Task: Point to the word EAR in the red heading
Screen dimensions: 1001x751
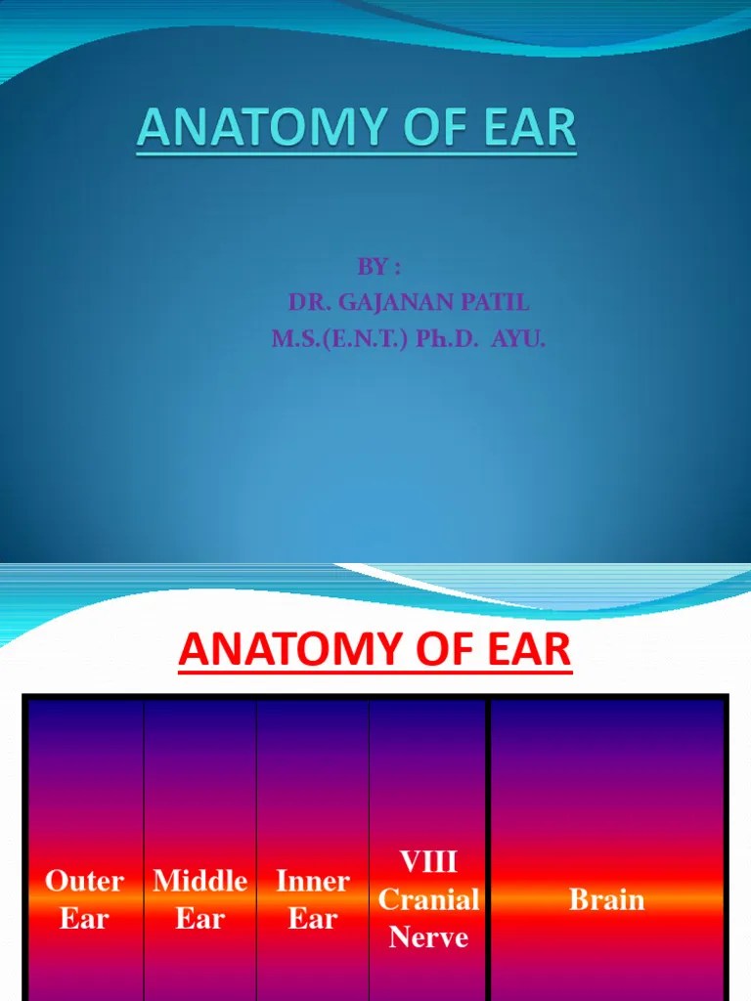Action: pos(529,649)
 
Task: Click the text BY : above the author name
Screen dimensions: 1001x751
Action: pos(377,268)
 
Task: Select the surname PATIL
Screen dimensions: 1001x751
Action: pos(496,304)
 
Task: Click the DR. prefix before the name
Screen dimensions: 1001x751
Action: pos(308,304)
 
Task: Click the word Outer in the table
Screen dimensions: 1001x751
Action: pos(85,882)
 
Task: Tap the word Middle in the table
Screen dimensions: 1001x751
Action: pos(199,882)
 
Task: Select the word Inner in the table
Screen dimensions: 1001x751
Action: pos(313,882)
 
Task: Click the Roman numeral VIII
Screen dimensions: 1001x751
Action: pos(428,862)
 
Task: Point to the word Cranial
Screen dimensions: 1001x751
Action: pos(428,899)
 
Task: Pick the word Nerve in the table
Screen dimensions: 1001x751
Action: pos(428,937)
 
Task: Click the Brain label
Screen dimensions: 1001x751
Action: pos(607,899)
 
